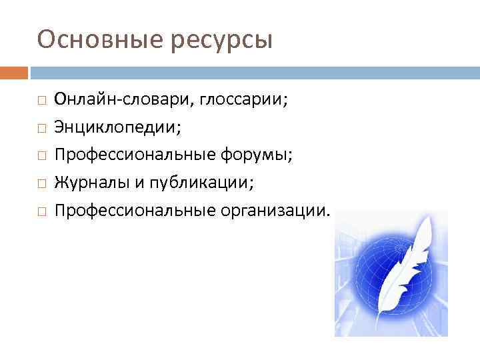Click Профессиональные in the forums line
[133, 155]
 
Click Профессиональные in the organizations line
[133, 211]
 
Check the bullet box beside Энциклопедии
[41, 127]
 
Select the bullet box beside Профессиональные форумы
[41, 155]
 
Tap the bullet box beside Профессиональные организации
[41, 211]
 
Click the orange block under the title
[14, 72]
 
